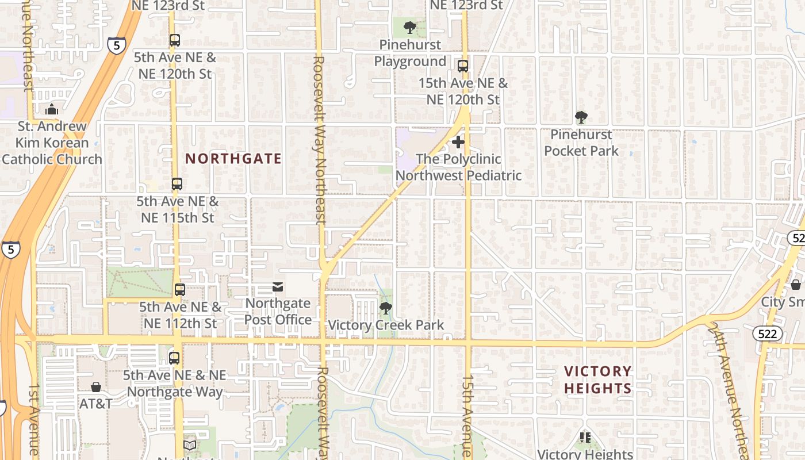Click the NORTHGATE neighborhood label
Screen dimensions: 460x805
click(233, 159)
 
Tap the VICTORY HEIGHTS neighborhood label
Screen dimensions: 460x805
click(597, 379)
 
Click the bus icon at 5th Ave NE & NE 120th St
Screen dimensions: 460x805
click(175, 41)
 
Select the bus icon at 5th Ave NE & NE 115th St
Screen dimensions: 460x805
click(177, 185)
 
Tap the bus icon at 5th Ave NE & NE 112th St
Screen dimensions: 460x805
click(180, 290)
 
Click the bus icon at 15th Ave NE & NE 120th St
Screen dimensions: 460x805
click(463, 66)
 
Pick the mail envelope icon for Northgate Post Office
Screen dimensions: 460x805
click(278, 286)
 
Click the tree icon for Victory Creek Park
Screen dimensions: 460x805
click(386, 308)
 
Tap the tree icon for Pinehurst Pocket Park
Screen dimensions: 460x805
click(581, 117)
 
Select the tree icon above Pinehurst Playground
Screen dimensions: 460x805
click(409, 27)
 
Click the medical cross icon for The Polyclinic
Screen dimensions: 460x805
click(458, 141)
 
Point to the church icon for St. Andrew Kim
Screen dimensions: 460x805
click(52, 109)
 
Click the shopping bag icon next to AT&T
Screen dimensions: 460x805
click(96, 387)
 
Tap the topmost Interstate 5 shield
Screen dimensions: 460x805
click(116, 45)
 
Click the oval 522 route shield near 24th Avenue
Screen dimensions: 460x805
click(767, 333)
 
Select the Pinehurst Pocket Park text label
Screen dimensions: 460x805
click(581, 143)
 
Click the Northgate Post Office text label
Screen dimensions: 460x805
click(278, 311)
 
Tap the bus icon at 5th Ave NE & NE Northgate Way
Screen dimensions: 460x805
click(174, 358)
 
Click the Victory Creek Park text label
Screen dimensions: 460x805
click(386, 325)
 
